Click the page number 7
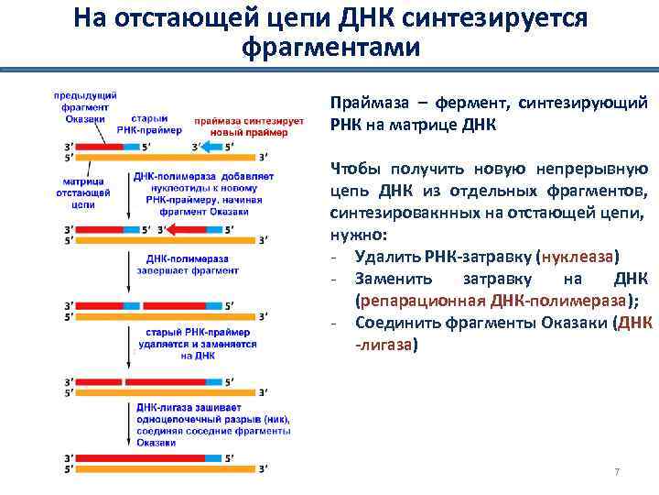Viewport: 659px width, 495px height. [x=617, y=472]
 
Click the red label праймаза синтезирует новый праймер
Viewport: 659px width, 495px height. [x=241, y=126]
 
